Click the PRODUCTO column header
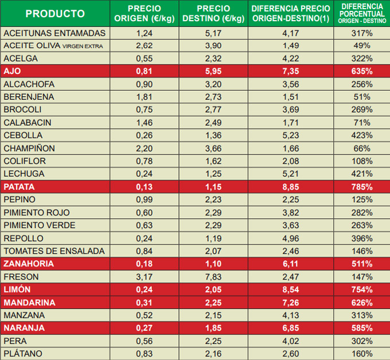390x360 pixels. coord(55,14)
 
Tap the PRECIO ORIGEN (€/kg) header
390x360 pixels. coord(144,14)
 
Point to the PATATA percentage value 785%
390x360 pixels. coord(362,187)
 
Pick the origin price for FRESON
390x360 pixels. coord(144,276)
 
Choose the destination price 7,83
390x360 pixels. coord(213,276)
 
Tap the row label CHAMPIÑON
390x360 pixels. coord(29,148)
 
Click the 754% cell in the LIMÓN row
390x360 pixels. coord(362,289)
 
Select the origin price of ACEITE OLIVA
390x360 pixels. coord(144,45)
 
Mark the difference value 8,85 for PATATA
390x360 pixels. coord(291,187)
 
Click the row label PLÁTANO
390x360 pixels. coord(23,354)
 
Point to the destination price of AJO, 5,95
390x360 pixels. coord(213,71)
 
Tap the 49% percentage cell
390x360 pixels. coord(362,45)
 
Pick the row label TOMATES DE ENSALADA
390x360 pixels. coord(54,251)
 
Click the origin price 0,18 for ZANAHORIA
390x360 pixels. coord(144,264)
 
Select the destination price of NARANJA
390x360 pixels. coord(213,328)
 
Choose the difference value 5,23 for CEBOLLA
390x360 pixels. coord(291,136)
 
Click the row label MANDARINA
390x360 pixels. coord(29,302)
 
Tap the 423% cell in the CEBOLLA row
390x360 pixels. coord(362,136)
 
